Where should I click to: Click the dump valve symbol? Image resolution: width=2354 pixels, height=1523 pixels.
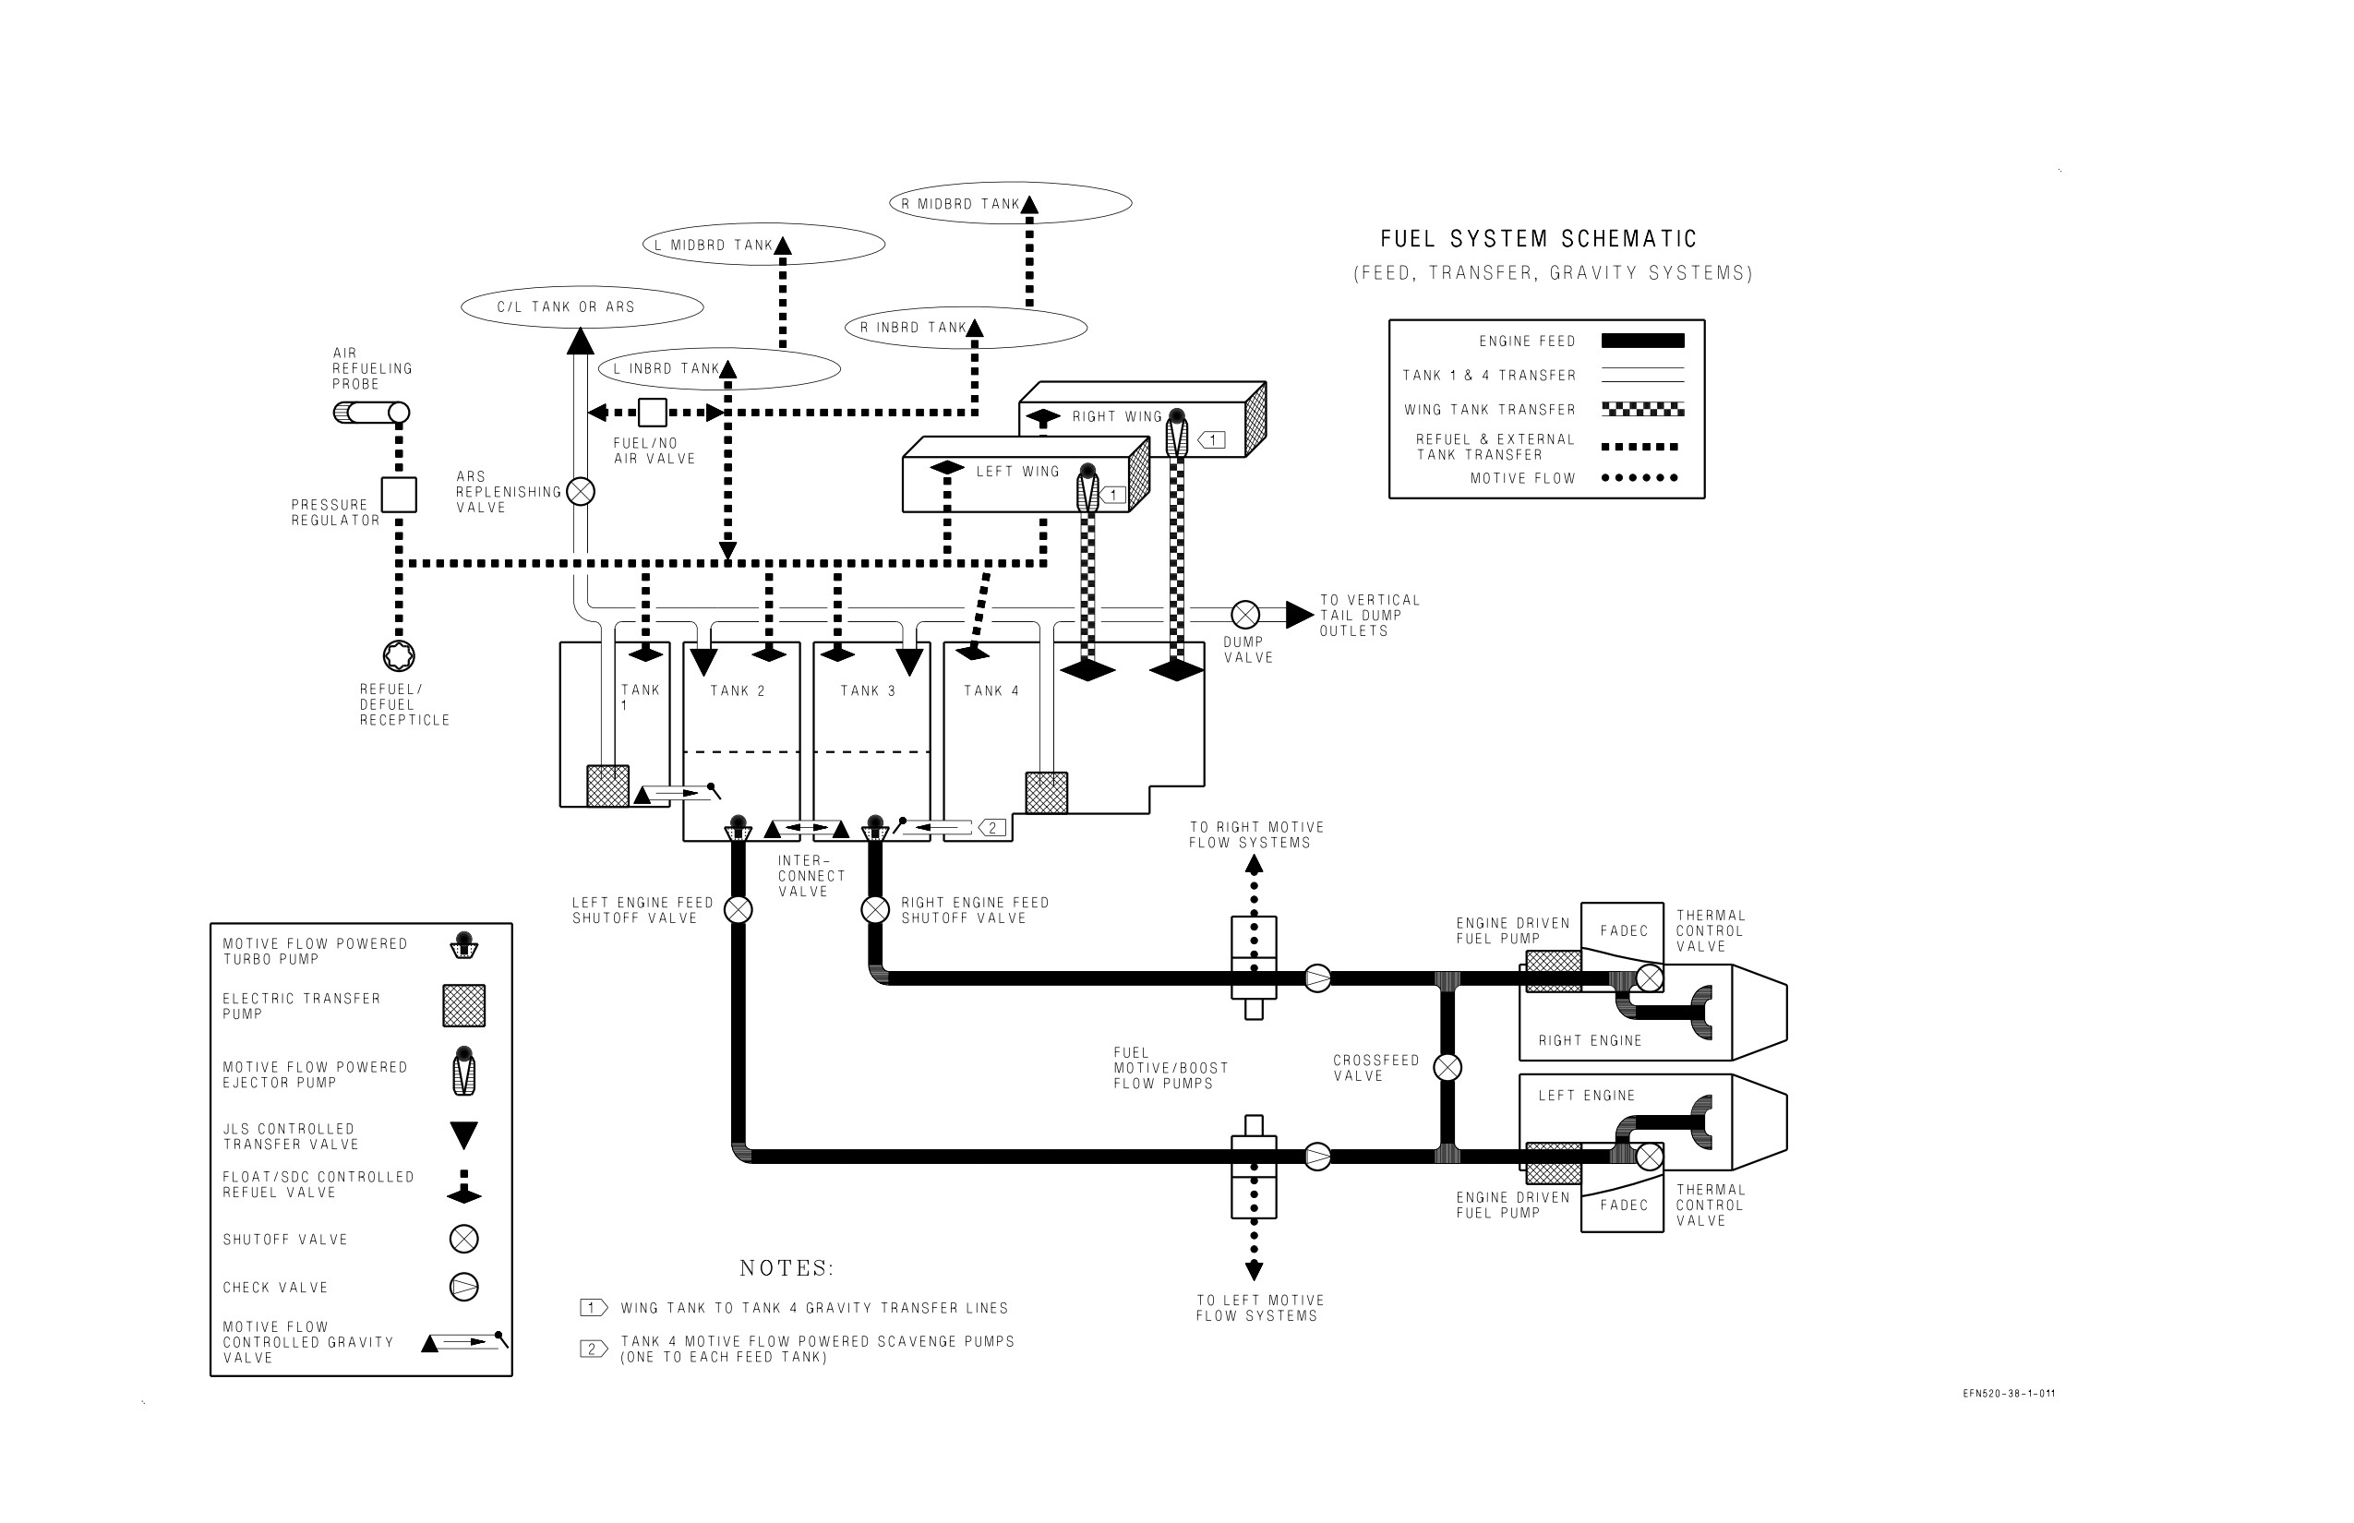click(1245, 615)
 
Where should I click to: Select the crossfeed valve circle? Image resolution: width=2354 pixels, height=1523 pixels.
click(1447, 1068)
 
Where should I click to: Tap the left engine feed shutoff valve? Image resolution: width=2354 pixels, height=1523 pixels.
click(738, 910)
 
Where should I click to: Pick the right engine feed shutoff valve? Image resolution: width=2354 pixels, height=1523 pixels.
click(875, 910)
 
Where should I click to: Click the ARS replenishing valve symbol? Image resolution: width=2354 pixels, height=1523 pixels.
click(581, 491)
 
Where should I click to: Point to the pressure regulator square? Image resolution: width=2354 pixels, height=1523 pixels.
click(399, 495)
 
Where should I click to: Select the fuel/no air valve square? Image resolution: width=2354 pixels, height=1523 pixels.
click(653, 413)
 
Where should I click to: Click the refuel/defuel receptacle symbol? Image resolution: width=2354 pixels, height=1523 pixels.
click(399, 655)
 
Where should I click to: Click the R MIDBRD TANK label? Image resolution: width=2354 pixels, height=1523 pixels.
click(959, 204)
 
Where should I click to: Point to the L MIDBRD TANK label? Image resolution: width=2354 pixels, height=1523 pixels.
click(713, 246)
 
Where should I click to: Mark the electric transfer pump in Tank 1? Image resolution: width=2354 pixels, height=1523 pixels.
click(607, 786)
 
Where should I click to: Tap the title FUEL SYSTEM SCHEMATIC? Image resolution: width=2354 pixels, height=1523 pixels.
click(1539, 238)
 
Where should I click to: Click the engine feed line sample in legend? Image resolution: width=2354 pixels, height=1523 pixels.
click(1643, 342)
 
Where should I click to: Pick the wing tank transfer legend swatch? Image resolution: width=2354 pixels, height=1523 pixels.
click(1643, 408)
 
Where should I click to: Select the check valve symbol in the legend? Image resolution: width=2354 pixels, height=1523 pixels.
click(463, 1287)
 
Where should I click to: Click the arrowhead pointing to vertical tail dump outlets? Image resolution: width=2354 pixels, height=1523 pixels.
click(1300, 615)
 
